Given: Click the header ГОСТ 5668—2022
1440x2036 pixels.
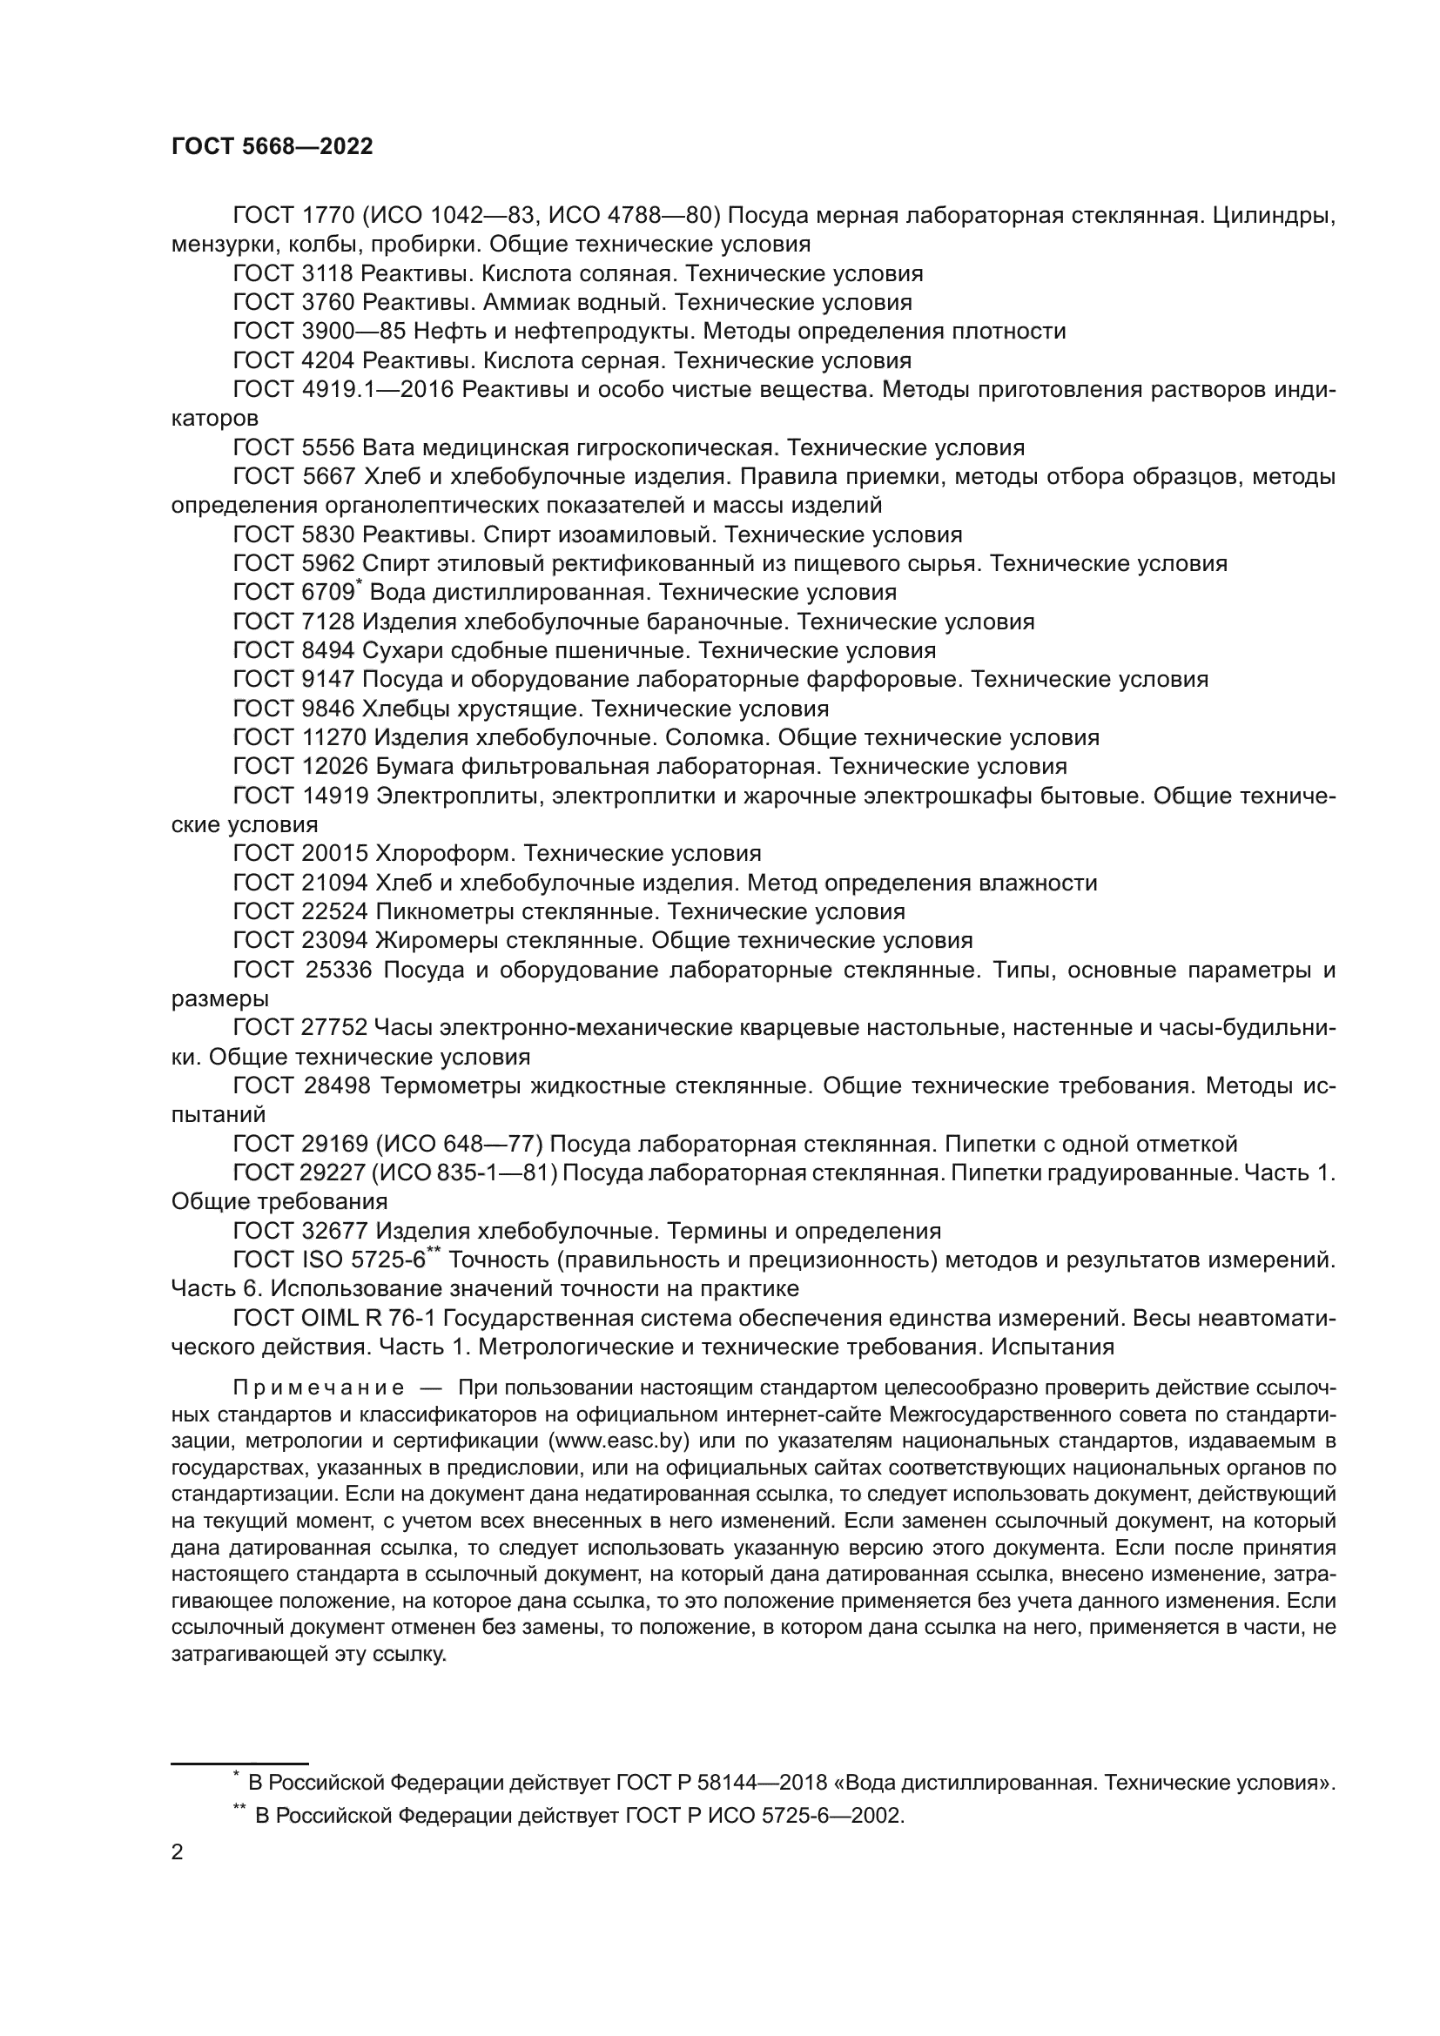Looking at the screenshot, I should pos(273,146).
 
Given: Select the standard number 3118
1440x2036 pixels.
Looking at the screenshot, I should pos(328,273).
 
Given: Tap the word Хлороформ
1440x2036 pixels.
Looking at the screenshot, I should pos(444,853).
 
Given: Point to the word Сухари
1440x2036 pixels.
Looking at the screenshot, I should pos(403,650).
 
